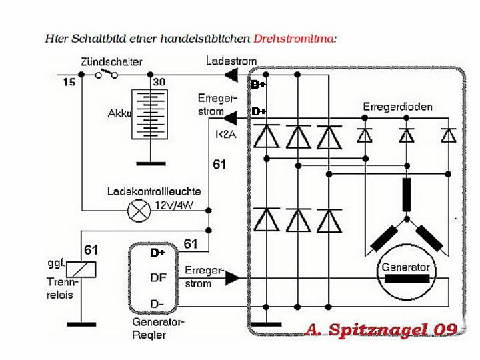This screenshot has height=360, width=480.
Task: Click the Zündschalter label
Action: coord(111,62)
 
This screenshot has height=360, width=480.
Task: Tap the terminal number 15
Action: coord(69,83)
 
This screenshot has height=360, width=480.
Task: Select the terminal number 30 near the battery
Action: coord(160,83)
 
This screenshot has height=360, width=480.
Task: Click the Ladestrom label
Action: coord(231,61)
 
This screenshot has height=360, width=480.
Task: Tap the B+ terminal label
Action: coord(258,85)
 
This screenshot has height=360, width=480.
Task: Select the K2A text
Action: coord(224,134)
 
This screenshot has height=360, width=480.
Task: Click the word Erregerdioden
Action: coord(398,107)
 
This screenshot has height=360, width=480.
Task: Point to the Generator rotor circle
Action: coord(405,273)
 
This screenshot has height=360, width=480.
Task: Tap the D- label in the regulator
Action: coord(157,304)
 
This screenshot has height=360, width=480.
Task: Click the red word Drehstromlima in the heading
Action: coord(295,39)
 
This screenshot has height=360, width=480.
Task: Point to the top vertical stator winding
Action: coord(407,194)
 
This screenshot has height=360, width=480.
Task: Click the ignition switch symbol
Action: coord(107,74)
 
